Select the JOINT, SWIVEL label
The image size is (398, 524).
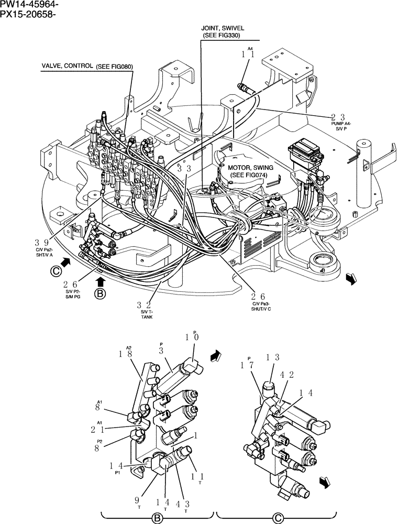[x=223, y=28]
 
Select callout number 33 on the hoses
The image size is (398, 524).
[x=183, y=169]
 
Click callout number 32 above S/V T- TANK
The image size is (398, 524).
[x=145, y=305]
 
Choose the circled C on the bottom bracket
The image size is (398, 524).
[x=275, y=518]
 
